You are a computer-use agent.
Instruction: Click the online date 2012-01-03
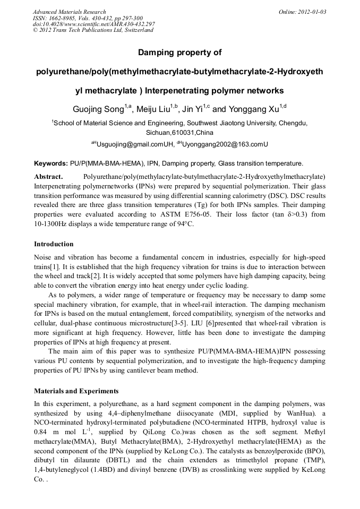tap(310, 12)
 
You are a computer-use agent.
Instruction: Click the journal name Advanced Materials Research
tap(69, 12)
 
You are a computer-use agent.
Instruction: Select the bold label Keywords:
tap(50, 163)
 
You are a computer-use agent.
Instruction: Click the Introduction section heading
tap(54, 244)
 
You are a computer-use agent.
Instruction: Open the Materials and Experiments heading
tap(76, 391)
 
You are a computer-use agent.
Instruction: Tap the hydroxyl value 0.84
tap(41, 432)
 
